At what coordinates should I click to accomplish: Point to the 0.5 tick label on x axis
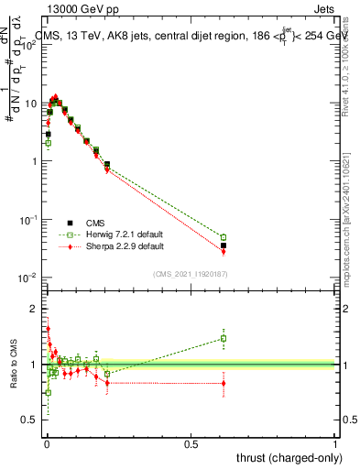(x=191, y=443)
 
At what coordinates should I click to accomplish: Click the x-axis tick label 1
(x=335, y=443)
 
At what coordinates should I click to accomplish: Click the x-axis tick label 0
(x=46, y=443)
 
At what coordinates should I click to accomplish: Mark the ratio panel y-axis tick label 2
(x=35, y=308)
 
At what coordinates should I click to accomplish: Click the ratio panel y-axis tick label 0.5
(x=32, y=420)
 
